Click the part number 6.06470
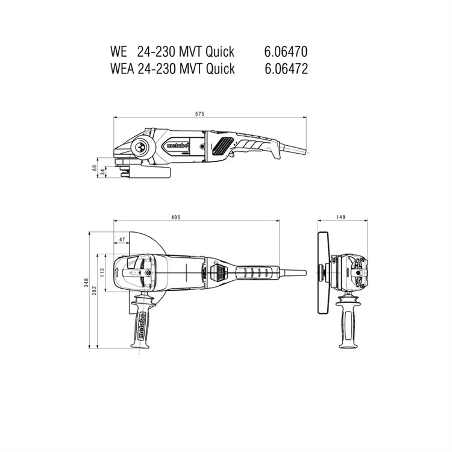pyautogui.click(x=286, y=52)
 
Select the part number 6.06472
pyautogui.click(x=286, y=69)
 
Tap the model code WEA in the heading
pyautogui.click(x=122, y=69)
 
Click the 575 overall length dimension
pyautogui.click(x=199, y=114)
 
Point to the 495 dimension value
pyautogui.click(x=175, y=217)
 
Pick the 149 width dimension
pyautogui.click(x=341, y=217)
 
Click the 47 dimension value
pyautogui.click(x=122, y=239)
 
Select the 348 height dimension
pyautogui.click(x=86, y=283)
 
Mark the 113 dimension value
pyautogui.click(x=102, y=272)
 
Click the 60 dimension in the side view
pyautogui.click(x=94, y=168)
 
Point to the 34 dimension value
pyautogui.click(x=102, y=172)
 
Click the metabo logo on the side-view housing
pyautogui.click(x=177, y=146)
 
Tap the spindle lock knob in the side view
pyautogui.click(x=141, y=146)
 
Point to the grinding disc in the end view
pyautogui.click(x=322, y=272)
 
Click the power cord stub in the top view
pyautogui.click(x=292, y=272)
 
